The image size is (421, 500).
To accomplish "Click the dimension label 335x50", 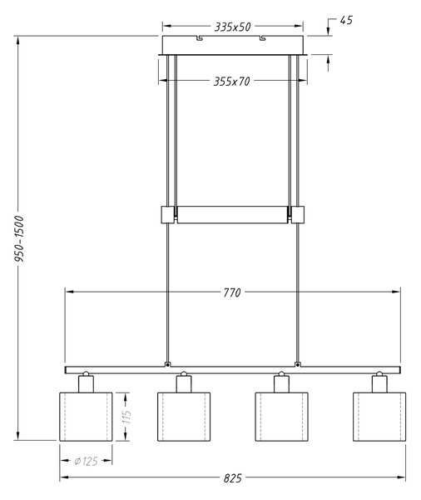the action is pos(232,27).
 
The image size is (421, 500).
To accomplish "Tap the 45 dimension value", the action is pos(346,20).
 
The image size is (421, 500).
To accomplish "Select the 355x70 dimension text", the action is pos(231,82).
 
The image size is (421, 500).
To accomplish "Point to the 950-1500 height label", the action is pos(19,239).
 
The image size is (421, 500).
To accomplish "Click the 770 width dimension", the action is pos(232,292).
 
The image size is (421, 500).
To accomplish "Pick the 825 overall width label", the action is pos(232,478).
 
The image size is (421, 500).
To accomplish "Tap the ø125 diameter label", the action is pos(86,461).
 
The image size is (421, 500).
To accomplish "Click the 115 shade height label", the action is pos(126,417).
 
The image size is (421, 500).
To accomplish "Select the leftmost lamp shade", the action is pos(86,417).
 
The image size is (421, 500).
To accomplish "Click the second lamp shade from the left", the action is pos(184,417).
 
